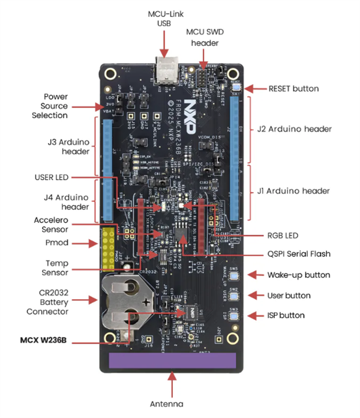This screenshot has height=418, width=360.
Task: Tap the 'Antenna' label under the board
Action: [x=173, y=403]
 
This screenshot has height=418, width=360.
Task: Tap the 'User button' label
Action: [x=289, y=295]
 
